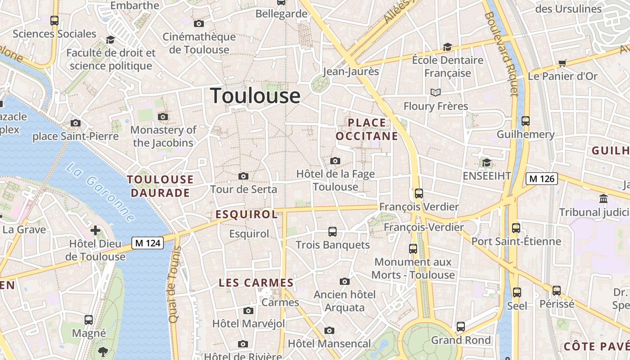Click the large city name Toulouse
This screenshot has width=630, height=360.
click(255, 96)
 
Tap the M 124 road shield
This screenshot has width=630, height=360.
click(148, 243)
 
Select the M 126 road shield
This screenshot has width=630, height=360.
click(542, 179)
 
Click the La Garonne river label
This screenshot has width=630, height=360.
click(100, 193)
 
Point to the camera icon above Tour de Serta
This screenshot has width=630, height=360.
click(243, 176)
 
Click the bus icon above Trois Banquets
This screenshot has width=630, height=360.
click(333, 232)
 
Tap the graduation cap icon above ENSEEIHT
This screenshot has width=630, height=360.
click(486, 162)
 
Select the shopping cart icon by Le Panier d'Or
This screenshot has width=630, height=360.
click(562, 63)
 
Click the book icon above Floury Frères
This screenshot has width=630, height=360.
click(435, 92)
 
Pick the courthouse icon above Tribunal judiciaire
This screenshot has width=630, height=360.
click(603, 198)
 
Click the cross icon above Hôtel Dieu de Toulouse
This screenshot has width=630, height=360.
click(95, 230)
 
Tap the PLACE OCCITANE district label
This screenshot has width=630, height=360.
click(367, 129)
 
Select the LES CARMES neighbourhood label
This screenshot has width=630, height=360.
click(256, 283)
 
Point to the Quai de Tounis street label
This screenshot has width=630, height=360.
click(174, 284)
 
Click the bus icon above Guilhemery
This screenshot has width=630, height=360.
click(526, 121)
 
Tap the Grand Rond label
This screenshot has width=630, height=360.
click(461, 340)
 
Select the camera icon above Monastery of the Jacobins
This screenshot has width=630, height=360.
click(163, 117)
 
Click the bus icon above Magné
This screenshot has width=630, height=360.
click(89, 320)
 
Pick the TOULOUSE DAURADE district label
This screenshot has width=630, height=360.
click(160, 186)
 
